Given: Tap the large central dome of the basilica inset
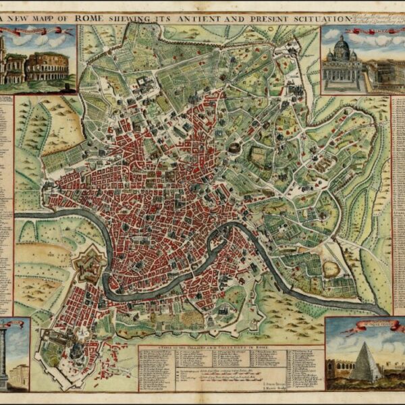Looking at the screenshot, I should (342, 49).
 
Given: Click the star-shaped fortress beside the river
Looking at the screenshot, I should (89, 265).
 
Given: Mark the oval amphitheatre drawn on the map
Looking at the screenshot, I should (234, 147).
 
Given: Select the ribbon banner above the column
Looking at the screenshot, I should (13, 325).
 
